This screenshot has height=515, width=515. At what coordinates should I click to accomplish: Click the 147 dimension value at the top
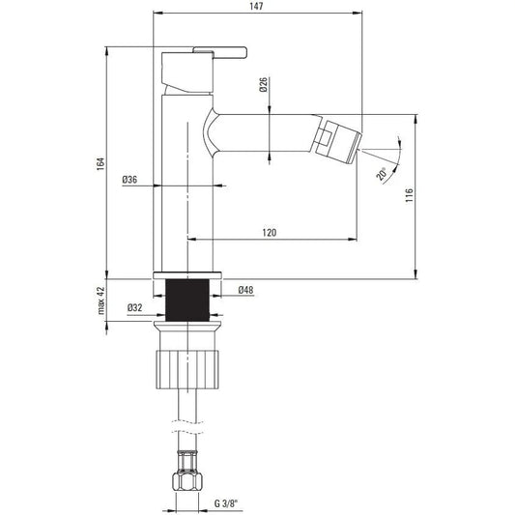pyautogui.click(x=256, y=6)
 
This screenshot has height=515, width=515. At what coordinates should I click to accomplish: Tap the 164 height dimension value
pyautogui.click(x=100, y=164)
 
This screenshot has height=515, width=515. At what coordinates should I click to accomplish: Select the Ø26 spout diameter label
pyautogui.click(x=264, y=85)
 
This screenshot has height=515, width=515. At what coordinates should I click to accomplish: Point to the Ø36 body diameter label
pyautogui.click(x=129, y=180)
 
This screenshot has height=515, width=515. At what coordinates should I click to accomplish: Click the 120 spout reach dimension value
pyautogui.click(x=270, y=233)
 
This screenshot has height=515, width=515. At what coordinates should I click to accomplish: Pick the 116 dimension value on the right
pyautogui.click(x=410, y=195)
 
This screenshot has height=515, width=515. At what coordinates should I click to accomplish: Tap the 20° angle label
pyautogui.click(x=382, y=174)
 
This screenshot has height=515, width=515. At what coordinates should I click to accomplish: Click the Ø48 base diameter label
pyautogui.click(x=245, y=290)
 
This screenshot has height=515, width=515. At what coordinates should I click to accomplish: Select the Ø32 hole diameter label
pyautogui.click(x=134, y=308)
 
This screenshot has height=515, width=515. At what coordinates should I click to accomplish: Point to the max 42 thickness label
pyautogui.click(x=101, y=300)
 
